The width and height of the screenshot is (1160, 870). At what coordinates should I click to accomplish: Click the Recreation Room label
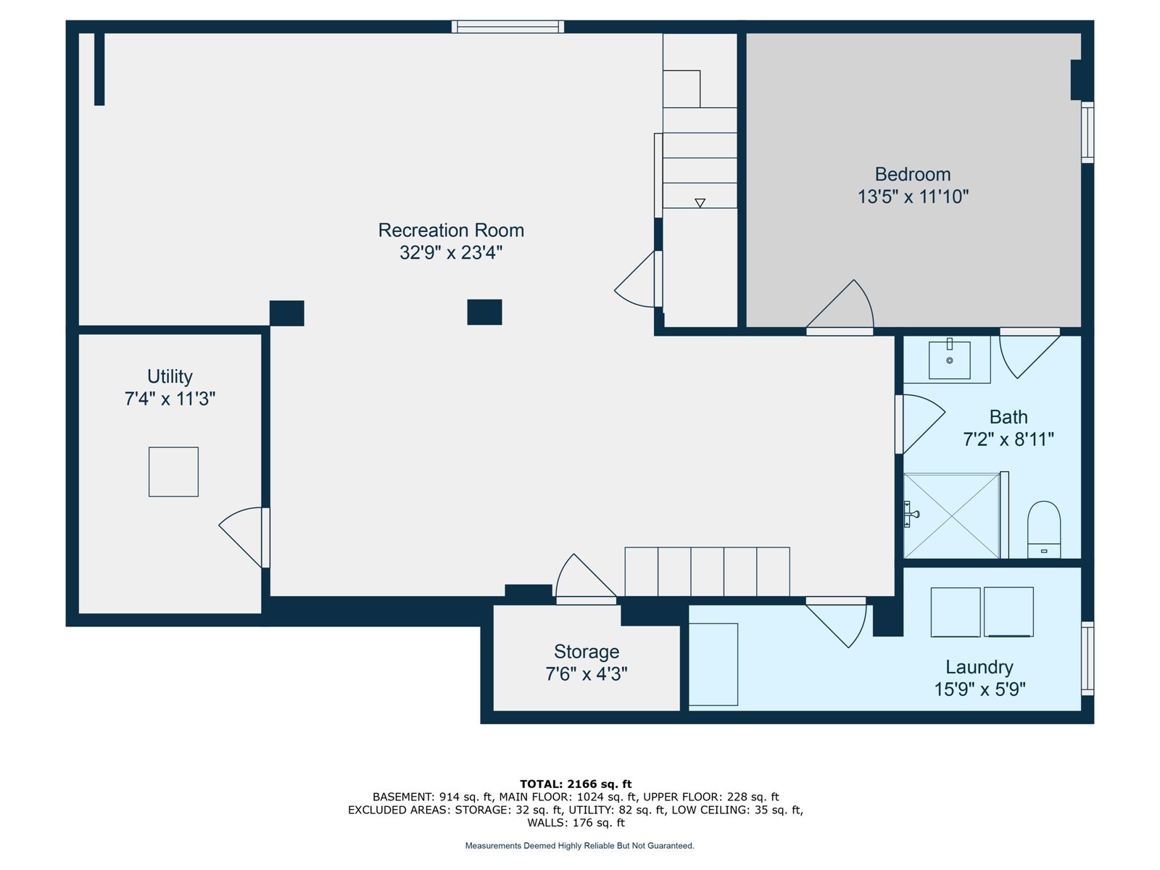pyautogui.click(x=451, y=231)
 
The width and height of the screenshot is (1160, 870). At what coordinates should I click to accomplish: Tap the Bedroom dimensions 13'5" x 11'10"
pyautogui.click(x=913, y=196)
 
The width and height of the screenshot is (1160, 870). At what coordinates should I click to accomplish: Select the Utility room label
pyautogui.click(x=170, y=376)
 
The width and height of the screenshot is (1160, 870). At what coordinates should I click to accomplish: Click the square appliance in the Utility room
pyautogui.click(x=173, y=472)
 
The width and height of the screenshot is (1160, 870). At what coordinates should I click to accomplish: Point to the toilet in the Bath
pyautogui.click(x=1044, y=529)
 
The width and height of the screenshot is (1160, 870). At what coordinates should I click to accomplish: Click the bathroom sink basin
pyautogui.click(x=949, y=360)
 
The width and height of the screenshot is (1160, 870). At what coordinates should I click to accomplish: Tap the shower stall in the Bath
pyautogui.click(x=951, y=515)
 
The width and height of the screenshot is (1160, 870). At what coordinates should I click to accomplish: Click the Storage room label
pyautogui.click(x=586, y=652)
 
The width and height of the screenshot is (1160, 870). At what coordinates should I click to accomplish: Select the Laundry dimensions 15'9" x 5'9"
pyautogui.click(x=979, y=689)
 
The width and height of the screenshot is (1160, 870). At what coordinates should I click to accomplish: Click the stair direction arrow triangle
pyautogui.click(x=700, y=203)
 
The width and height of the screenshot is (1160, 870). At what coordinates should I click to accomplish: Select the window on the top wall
pyautogui.click(x=507, y=26)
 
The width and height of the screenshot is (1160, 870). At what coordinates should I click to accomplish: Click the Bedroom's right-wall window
pyautogui.click(x=1087, y=132)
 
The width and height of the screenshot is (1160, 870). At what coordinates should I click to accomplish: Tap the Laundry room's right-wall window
pyautogui.click(x=1087, y=658)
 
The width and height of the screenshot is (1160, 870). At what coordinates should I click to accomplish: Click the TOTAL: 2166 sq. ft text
pyautogui.click(x=576, y=784)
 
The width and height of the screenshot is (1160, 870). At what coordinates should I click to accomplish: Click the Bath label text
pyautogui.click(x=1008, y=418)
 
